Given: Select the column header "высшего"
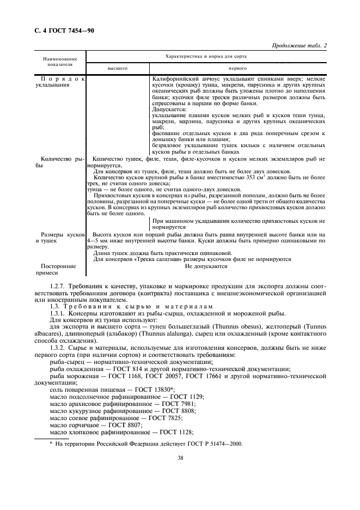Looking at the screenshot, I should [117, 69].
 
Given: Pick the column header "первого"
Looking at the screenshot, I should [237, 69].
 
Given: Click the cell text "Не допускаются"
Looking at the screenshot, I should [206, 266].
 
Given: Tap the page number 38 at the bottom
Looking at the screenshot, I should [180, 458].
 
